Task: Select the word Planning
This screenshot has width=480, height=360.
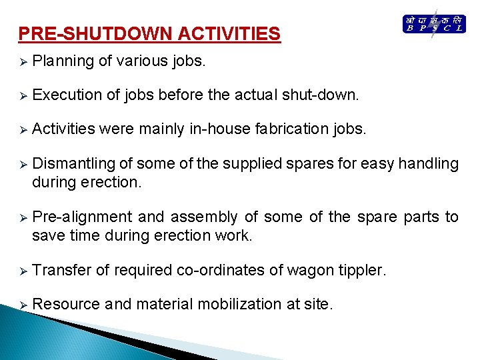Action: (x=63, y=61)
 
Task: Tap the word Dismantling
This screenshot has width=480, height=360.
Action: (x=73, y=163)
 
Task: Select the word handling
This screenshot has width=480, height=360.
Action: (x=429, y=163)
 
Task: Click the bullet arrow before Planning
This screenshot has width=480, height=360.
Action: (x=22, y=62)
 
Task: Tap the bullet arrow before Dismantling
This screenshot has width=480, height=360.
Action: (x=22, y=164)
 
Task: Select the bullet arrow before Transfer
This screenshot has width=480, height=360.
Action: (x=22, y=271)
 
